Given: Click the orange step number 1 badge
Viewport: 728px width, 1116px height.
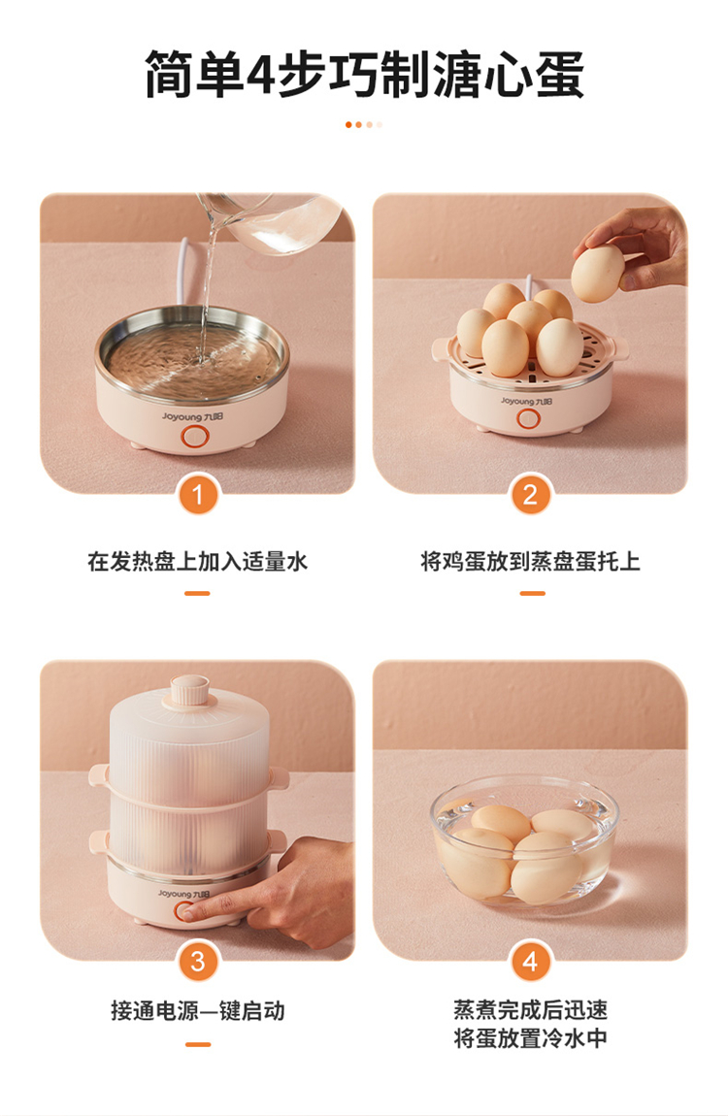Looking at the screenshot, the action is pos(198,495).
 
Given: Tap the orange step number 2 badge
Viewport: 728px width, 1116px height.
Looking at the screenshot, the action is pos(530,495).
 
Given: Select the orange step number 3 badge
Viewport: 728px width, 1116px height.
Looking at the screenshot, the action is pos(198,962).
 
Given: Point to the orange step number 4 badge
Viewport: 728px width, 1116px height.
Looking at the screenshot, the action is pos(530,962).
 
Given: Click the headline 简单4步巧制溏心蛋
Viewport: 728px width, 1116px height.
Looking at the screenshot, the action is pos(364,74).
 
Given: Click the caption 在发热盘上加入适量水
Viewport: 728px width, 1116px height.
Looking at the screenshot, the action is pos(198,562).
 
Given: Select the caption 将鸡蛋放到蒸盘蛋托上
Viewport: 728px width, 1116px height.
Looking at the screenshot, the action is pos(530,562).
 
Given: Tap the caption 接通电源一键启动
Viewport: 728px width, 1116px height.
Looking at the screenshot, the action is pos(198,1010).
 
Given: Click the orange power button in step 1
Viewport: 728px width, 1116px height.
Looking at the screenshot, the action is pos(192,437).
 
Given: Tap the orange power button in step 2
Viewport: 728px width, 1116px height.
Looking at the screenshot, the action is pos(528,419).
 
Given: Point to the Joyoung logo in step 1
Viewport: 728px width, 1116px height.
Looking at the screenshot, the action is pos(192,416).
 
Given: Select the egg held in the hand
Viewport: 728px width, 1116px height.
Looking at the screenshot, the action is pos(598,274).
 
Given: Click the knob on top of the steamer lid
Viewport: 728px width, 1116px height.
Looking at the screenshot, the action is pos(189,690).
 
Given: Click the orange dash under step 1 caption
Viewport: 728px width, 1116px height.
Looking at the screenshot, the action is pos(197,594).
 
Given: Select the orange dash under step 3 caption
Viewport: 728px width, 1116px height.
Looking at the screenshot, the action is pos(198,1044).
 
